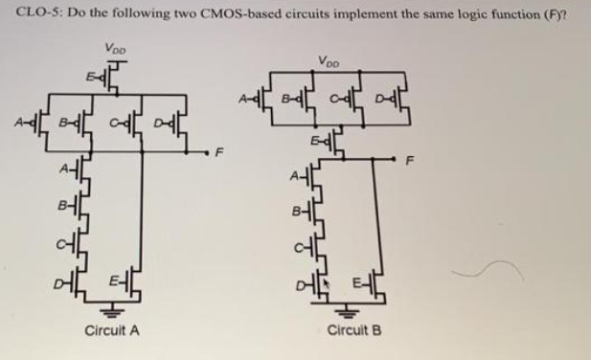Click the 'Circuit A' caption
click(x=112, y=331)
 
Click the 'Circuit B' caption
click(x=354, y=331)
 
